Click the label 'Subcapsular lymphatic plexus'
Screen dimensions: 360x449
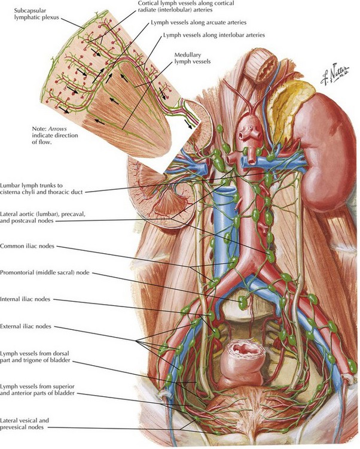click(x=36, y=14)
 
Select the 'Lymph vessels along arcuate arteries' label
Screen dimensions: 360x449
click(x=199, y=22)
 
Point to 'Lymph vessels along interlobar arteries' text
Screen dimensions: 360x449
click(x=214, y=35)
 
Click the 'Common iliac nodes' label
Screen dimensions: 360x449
click(x=27, y=246)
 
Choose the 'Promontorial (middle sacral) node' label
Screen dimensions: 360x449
click(x=45, y=272)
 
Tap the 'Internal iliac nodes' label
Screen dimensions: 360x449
click(x=25, y=299)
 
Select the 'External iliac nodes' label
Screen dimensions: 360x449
click(x=26, y=326)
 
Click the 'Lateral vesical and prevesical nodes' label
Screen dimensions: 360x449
click(x=25, y=424)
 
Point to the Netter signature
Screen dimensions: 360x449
click(x=335, y=74)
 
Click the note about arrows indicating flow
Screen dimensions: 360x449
click(x=55, y=135)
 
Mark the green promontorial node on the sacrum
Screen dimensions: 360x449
click(x=243, y=302)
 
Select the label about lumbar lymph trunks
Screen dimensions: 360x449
click(x=41, y=189)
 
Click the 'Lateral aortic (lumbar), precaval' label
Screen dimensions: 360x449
click(x=42, y=217)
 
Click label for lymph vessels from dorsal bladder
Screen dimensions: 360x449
click(x=35, y=357)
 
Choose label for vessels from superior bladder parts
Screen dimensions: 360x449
click(x=38, y=390)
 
